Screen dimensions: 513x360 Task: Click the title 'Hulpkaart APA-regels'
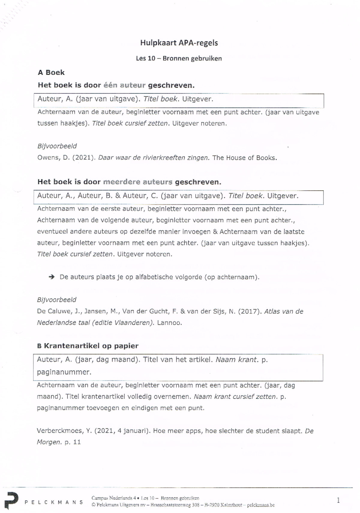pyautogui.click(x=179, y=43)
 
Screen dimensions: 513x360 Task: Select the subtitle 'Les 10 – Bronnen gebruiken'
pyautogui.click(x=179, y=58)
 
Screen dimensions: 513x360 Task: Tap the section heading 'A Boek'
pyautogui.click(x=51, y=73)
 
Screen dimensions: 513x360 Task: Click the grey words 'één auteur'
pyautogui.click(x=124, y=85)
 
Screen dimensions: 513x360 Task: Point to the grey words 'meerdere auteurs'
pyautogui.click(x=137, y=182)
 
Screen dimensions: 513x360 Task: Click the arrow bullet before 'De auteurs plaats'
pyautogui.click(x=52, y=277)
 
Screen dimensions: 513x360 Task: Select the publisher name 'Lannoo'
pyautogui.click(x=169, y=323)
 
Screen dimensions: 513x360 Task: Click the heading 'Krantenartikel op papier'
pyautogui.click(x=91, y=346)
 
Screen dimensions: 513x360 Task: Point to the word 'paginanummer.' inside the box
pyautogui.click(x=64, y=372)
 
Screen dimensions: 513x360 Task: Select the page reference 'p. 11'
pyautogui.click(x=73, y=442)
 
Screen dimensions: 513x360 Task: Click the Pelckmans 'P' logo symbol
pyautogui.click(x=11, y=500)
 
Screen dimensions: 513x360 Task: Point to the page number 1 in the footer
pyautogui.click(x=338, y=500)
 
